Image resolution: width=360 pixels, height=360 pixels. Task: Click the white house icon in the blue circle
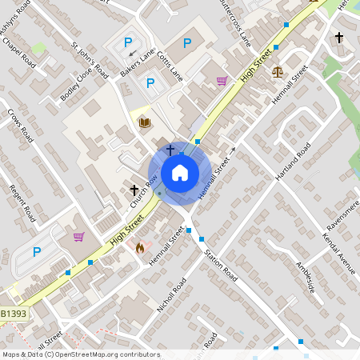pyautogui.click(x=180, y=172)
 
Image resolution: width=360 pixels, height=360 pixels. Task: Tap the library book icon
pyautogui.click(x=145, y=122)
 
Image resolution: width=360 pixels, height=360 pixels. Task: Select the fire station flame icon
pyautogui.click(x=141, y=248)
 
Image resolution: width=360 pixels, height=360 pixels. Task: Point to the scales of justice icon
pyautogui.click(x=278, y=71)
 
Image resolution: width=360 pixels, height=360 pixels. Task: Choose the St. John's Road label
pyautogui.click(x=90, y=59)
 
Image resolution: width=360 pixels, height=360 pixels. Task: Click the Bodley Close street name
pyautogui.click(x=77, y=85)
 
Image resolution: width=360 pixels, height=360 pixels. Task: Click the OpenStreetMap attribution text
pyautogui.click(x=80, y=354)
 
